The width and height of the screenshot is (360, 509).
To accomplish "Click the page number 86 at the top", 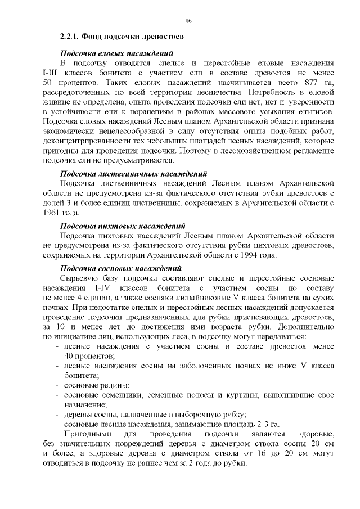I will coord(189,21).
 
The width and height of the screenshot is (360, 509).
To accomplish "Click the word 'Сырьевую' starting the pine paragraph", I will coord(78,279).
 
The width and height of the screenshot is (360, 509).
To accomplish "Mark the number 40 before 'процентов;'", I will coord(70,357).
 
